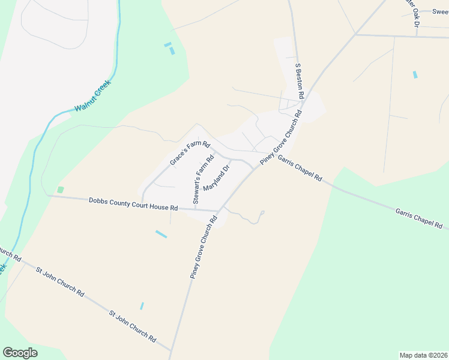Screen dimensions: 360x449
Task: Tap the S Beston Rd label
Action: click(298, 81)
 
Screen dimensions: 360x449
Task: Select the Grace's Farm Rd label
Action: click(190, 152)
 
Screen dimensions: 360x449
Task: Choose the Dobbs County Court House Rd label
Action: click(133, 203)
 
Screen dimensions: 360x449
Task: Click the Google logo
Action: click(20, 352)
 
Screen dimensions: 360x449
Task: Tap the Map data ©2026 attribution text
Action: click(423, 355)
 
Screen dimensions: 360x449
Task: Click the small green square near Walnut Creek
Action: click(60, 190)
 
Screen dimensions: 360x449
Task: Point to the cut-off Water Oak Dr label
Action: click(412, 12)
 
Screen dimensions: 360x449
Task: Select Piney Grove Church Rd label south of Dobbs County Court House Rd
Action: click(202, 251)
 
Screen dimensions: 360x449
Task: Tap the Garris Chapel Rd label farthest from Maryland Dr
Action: click(418, 218)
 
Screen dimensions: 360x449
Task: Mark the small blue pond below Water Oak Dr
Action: click(414, 74)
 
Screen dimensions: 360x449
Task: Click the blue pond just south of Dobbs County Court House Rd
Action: click(161, 233)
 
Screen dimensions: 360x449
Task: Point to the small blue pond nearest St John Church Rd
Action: click(142, 306)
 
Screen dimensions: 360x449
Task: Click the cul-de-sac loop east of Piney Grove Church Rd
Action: click(262, 212)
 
